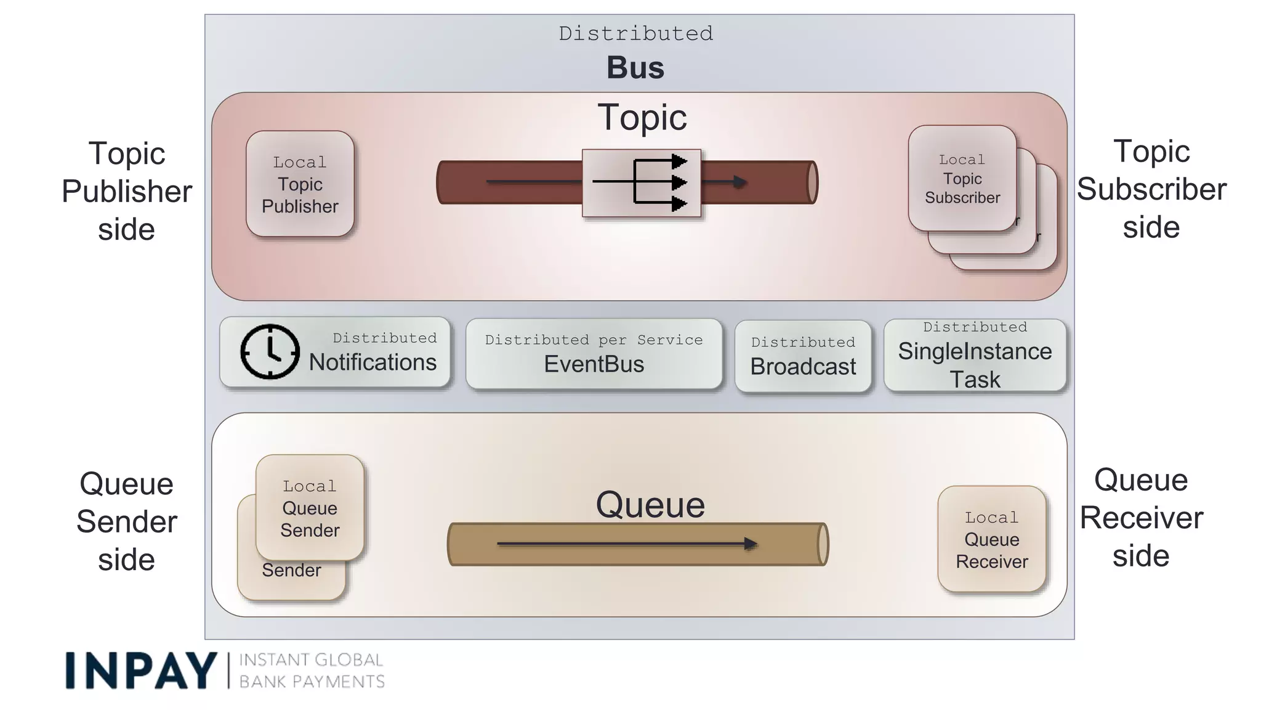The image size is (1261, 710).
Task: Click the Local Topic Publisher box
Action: point(300,184)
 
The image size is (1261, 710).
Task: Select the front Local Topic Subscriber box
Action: point(962,179)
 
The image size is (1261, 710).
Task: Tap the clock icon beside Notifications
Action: point(270,351)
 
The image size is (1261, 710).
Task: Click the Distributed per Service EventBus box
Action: point(594,354)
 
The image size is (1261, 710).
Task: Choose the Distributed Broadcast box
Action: point(803,356)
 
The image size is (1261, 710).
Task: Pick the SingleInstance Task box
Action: point(975,356)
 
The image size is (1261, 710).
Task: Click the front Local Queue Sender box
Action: point(310,507)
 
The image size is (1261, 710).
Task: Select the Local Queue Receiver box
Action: point(991,539)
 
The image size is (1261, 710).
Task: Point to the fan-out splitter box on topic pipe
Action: point(642,183)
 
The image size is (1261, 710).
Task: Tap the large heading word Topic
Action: point(642,117)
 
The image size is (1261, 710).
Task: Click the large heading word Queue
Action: point(650,505)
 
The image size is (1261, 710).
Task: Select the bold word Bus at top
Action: point(635,68)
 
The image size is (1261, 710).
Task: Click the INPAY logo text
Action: point(141,671)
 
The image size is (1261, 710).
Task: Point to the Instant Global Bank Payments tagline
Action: point(312,671)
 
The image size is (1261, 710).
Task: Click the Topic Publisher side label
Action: point(127,191)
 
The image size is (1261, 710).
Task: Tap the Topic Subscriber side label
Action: point(1151,189)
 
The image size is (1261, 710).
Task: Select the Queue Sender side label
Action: point(127,521)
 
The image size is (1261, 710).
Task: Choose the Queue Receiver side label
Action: point(1141,518)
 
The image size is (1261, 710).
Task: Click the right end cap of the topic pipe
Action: point(812,182)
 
